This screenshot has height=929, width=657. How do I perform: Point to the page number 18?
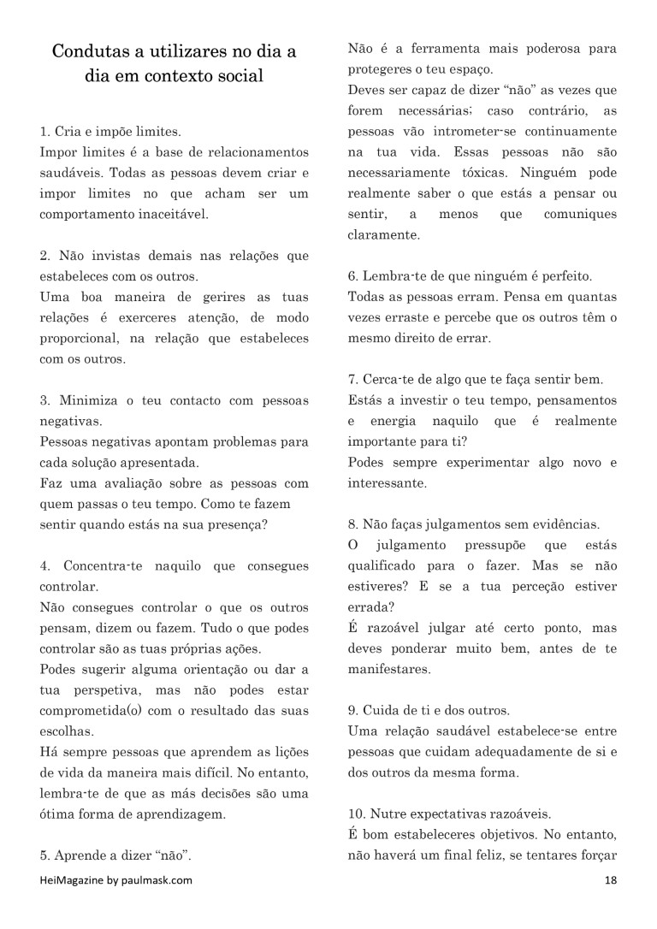[x=611, y=879]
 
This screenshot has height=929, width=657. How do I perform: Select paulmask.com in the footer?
[x=159, y=879]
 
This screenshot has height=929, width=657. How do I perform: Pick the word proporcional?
[x=80, y=339]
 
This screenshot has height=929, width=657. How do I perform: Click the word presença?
[x=239, y=524]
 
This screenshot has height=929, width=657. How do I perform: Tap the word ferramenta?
[x=428, y=50]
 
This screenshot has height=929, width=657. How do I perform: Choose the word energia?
[x=394, y=422]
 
